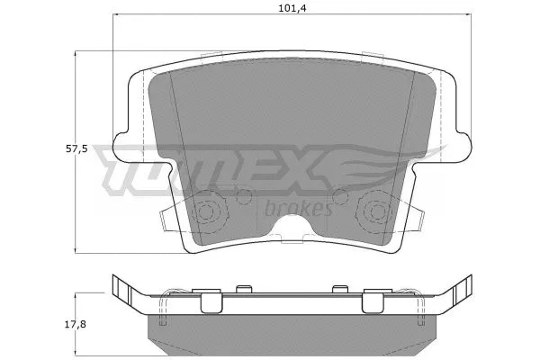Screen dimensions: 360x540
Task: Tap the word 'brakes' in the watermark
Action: click(x=300, y=209)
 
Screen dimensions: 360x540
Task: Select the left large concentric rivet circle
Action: click(x=209, y=213)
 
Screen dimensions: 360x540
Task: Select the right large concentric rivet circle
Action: click(x=373, y=213)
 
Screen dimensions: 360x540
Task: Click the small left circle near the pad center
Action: click(x=243, y=195)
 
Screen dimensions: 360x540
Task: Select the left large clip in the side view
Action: click(x=210, y=304)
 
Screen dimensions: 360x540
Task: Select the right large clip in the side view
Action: click(x=373, y=304)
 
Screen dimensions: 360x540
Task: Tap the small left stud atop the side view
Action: click(x=241, y=290)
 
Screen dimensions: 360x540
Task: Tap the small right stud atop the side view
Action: click(x=339, y=290)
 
